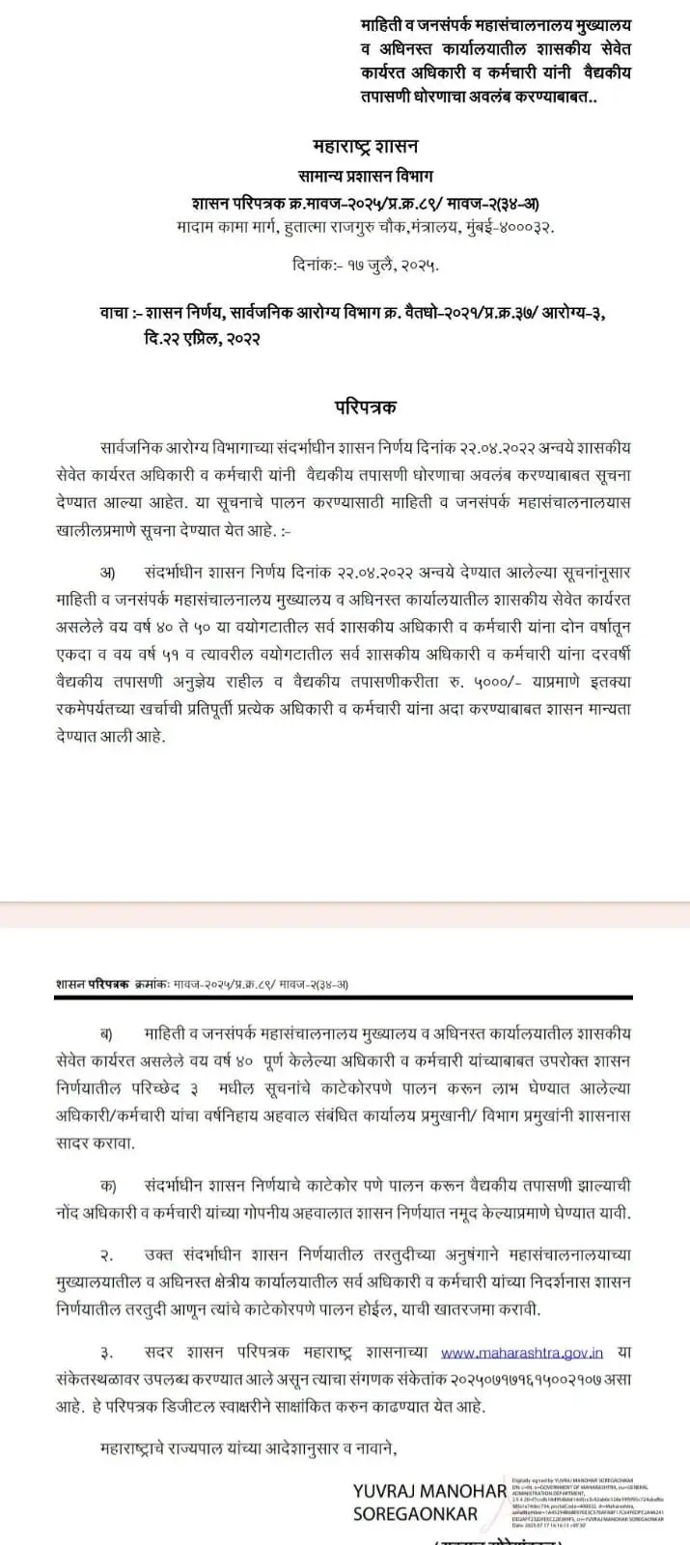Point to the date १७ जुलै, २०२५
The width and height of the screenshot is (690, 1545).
coord(398,263)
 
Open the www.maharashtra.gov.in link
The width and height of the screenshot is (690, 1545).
coord(522,1354)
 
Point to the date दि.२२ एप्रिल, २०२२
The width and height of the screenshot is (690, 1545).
coord(198,339)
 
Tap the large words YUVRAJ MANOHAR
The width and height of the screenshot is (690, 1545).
coord(429,1491)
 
